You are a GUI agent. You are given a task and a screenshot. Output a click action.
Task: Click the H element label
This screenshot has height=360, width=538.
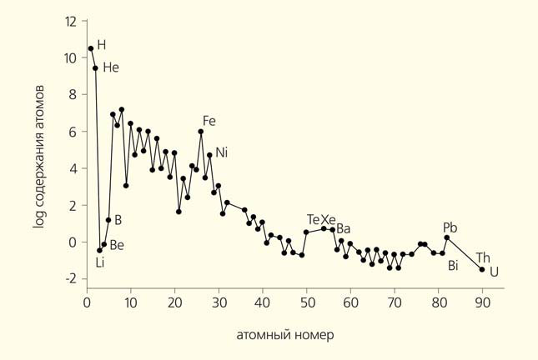coord(102,44)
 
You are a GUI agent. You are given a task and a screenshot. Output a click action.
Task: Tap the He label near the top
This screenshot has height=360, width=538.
coord(111,67)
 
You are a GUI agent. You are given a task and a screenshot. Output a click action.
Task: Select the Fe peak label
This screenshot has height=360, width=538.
coord(209,121)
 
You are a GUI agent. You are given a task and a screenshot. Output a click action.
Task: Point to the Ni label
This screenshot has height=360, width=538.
coord(221,152)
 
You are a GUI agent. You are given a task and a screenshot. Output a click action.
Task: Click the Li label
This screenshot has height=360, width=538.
coord(100,263)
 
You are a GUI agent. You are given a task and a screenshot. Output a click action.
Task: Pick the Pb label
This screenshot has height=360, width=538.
coord(450,227)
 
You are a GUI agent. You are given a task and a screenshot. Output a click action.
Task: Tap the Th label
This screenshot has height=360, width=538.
coord(483,257)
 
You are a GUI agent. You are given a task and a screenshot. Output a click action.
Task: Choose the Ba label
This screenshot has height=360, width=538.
coord(344,229)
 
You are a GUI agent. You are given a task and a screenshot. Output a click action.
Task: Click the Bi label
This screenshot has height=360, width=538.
coord(453,266)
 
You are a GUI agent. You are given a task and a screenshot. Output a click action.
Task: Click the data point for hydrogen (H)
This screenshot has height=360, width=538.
coord(91,48)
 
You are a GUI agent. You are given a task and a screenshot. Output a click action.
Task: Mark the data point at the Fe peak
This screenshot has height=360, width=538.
coord(201,132)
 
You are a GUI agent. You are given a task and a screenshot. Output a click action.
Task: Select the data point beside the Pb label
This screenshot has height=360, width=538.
coord(447,237)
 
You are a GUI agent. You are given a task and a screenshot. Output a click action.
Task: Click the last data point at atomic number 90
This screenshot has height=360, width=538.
coord(482,269)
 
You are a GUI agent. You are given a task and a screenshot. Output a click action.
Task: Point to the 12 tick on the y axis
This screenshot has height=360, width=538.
coord(71,21)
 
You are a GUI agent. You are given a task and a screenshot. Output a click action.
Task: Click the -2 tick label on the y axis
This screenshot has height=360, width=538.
coord(71,279)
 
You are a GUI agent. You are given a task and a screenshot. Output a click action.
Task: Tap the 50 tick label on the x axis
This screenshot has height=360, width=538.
coord(306,303)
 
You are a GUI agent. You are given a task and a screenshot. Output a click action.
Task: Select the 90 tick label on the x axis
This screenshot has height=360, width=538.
coord(482,303)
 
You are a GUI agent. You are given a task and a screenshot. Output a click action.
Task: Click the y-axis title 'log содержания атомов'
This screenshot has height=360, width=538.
coord(39,157)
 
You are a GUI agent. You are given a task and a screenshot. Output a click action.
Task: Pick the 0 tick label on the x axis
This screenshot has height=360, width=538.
coord(87,303)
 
